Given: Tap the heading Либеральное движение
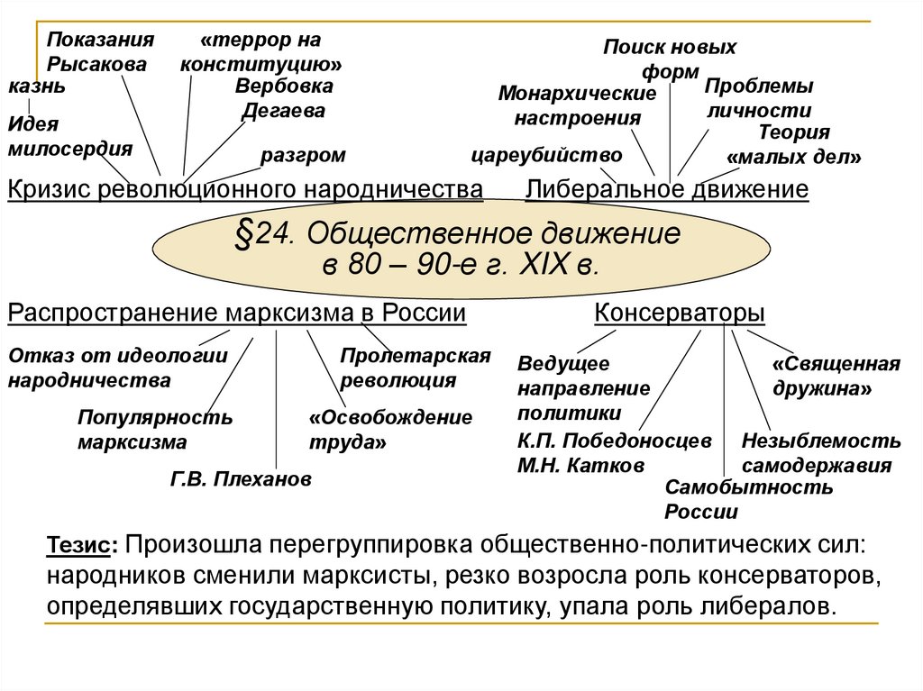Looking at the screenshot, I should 667,190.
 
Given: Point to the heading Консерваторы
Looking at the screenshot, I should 680,314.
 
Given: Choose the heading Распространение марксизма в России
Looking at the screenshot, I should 237,314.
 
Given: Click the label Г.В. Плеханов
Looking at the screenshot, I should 241,479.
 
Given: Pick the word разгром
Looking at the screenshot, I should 303,155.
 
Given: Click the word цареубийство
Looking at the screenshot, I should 547,154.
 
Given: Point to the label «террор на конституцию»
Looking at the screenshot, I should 260,52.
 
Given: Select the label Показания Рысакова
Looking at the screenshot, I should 101,52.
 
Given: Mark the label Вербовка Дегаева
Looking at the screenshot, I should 284,99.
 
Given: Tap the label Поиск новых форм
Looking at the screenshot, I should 669,59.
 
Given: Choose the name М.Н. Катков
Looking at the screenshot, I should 568,466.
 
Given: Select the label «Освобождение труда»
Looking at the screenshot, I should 390,431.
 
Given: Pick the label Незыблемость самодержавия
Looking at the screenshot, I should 820,453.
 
